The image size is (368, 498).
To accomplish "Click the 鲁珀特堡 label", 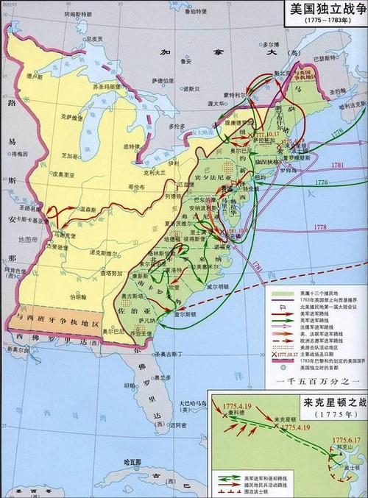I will [x=192, y=11].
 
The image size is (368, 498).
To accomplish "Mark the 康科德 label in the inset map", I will [x=237, y=413].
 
